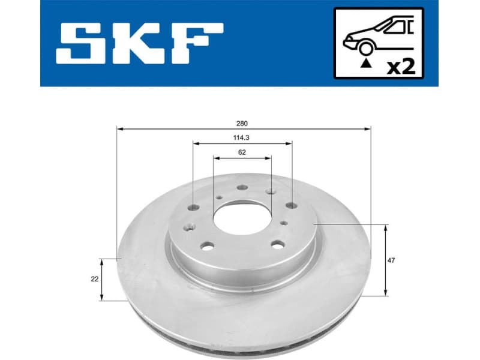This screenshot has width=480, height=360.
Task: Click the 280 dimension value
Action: tap(242, 124)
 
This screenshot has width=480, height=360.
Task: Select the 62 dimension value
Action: tap(242, 152)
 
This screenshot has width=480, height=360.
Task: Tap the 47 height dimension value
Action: tap(391, 260)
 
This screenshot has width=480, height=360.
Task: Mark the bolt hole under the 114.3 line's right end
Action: tap(292, 205)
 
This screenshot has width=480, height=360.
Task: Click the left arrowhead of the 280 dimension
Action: tap(119, 128)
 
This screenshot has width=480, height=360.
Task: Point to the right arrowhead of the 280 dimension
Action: tap(368, 128)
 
